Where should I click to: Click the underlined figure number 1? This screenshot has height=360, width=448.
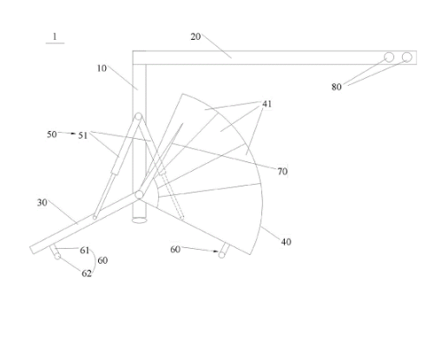click(55, 36)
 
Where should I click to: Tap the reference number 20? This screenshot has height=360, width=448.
click(195, 36)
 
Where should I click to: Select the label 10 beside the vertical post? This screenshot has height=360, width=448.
click(102, 69)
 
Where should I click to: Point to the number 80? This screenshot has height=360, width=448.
click(337, 87)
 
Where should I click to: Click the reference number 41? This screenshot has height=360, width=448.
click(267, 104)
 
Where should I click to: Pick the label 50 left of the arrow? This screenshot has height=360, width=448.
click(52, 134)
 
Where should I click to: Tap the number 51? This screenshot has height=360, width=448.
click(82, 135)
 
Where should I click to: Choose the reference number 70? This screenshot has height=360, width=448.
click(282, 172)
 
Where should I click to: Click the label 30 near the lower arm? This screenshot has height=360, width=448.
click(43, 203)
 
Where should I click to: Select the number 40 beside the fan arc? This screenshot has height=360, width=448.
click(286, 242)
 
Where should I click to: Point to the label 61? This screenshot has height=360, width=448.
click(84, 251)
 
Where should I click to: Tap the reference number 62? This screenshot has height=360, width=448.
click(87, 273)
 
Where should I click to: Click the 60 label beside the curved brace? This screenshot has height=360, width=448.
click(102, 260)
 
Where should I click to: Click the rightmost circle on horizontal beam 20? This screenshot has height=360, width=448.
click(407, 57)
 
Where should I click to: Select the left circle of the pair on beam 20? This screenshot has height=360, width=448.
click(389, 57)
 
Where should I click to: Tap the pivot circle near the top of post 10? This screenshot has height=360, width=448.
click(139, 116)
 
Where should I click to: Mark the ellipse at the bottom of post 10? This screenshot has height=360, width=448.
click(140, 220)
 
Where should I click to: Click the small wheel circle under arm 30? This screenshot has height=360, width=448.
click(57, 256)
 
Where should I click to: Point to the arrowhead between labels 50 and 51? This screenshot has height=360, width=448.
click(73, 134)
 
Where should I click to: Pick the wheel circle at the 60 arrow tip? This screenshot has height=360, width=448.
click(221, 255)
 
